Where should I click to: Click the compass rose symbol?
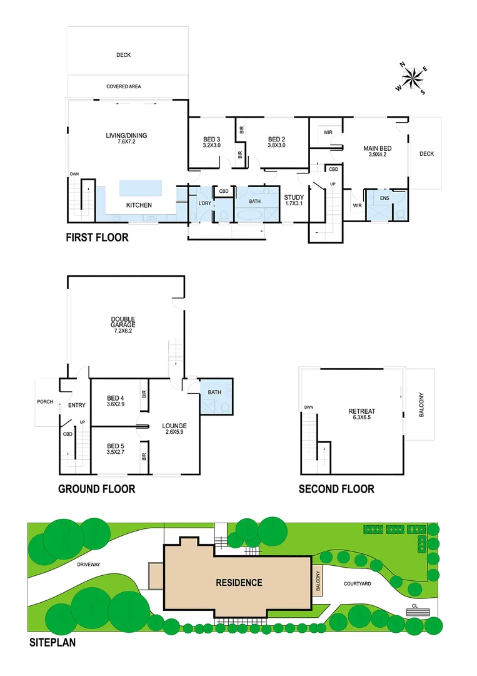click(413, 78)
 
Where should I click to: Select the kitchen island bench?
click(139, 188)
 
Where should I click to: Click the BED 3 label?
click(211, 139)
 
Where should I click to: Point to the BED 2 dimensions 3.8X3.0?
click(276, 146)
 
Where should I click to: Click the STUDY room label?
click(293, 197)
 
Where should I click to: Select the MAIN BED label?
click(377, 148)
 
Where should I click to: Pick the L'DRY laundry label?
click(204, 203)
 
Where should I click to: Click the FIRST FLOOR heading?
click(98, 237)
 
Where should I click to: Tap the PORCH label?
click(45, 402)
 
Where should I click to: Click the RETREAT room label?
click(361, 411)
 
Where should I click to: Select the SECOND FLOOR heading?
click(336, 489)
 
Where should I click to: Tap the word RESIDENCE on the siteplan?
click(239, 583)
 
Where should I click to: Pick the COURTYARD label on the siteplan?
click(358, 583)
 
